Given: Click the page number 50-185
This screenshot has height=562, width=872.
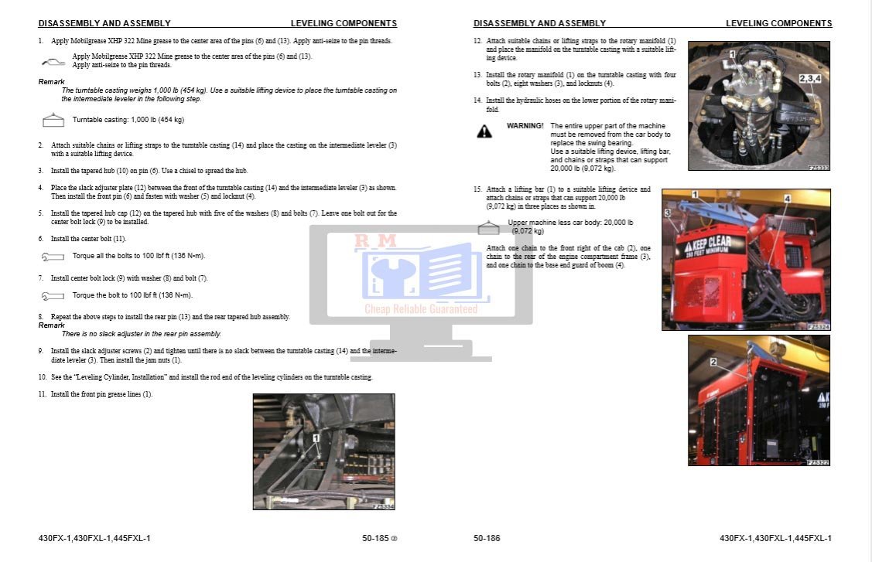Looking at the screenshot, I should click(377, 538).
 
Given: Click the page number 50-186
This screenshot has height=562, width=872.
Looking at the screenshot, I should click(487, 538).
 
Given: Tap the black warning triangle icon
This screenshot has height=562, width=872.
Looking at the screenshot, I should click(484, 131).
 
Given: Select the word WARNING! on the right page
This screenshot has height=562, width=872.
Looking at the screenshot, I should click(525, 125).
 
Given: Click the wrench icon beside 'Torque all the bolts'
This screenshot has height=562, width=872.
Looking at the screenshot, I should click(53, 256).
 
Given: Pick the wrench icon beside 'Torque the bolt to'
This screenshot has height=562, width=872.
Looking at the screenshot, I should click(53, 295).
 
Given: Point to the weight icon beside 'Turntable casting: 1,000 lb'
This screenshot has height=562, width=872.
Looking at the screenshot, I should click(53, 120).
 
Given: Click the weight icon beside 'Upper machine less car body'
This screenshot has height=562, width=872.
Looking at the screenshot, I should click(487, 227).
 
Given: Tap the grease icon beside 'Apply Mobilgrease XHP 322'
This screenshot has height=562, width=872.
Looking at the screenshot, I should click(53, 60).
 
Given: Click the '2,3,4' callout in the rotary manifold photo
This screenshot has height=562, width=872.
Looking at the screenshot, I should click(811, 78).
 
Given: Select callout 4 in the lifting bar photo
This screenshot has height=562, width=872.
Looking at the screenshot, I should click(787, 199).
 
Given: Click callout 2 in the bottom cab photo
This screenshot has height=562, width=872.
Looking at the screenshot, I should click(713, 361).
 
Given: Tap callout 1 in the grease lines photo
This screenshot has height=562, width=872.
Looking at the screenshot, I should click(316, 438).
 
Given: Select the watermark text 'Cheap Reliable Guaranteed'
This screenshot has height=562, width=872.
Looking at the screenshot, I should click(421, 309).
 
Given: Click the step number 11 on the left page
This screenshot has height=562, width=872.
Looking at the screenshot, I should click(43, 394).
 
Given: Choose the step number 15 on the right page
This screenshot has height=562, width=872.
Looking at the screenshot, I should click(477, 189).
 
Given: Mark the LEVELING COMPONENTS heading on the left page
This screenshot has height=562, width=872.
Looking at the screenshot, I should click(344, 24).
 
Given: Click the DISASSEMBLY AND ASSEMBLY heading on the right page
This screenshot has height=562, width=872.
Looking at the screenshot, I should click(539, 24).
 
